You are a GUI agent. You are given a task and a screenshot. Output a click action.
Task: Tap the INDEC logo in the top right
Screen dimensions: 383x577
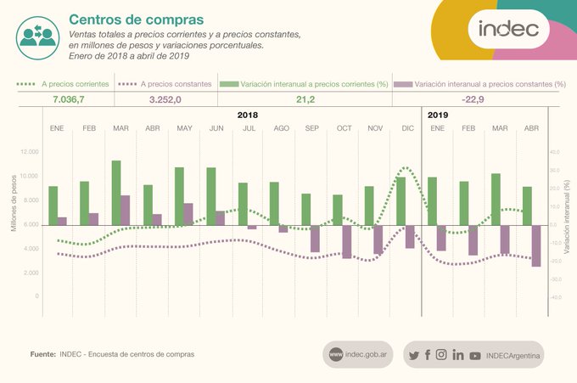(x=508, y=29)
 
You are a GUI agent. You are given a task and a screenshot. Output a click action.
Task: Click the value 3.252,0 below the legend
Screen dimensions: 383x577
(x=165, y=99)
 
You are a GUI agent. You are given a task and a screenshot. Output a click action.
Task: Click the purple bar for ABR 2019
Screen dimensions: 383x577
(x=536, y=246)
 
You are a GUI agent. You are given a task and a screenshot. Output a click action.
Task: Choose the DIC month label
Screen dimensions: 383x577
(x=406, y=127)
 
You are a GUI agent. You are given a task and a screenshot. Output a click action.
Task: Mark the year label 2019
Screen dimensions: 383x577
(x=439, y=114)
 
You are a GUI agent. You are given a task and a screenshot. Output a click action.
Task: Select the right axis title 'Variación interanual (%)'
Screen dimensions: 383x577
(x=566, y=212)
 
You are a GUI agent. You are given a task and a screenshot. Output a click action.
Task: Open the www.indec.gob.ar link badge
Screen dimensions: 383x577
(x=358, y=354)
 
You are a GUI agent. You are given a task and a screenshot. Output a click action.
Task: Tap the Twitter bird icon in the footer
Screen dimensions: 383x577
(x=413, y=355)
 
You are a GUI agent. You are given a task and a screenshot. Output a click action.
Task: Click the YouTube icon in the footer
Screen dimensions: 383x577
(x=474, y=356)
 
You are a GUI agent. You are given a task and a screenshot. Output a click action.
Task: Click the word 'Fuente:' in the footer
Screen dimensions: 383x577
(x=42, y=354)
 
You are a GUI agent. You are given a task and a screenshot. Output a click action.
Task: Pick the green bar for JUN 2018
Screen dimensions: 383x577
(x=210, y=196)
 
